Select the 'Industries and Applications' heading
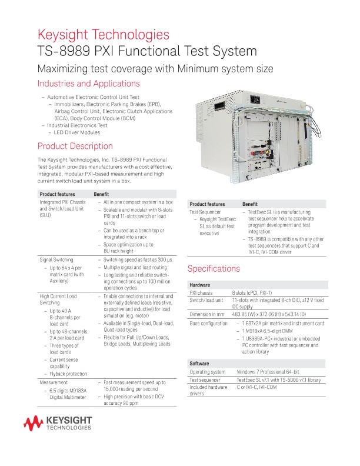[88, 84]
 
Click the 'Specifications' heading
[213, 269]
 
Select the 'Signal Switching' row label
[56, 259]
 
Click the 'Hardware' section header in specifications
[201, 285]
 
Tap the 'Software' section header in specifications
[200, 364]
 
